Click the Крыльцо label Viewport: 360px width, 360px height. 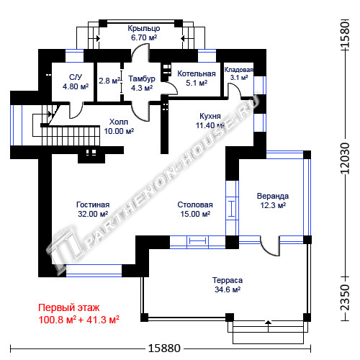[144, 29]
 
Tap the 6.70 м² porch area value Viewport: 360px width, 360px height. [144, 37]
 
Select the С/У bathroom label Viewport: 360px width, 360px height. [76, 77]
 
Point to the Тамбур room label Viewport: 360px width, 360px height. [142, 78]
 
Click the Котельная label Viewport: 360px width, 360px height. [197, 73]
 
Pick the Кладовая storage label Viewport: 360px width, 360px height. [239, 70]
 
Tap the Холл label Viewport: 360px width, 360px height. [119, 122]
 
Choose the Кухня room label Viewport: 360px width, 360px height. [210, 116]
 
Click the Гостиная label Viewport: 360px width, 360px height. [93, 204]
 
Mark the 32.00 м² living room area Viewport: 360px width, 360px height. [93, 214]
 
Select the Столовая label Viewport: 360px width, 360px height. [195, 204]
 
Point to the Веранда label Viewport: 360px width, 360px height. [273, 196]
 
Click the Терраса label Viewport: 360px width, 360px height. [228, 280]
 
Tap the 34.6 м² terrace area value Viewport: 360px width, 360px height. [228, 289]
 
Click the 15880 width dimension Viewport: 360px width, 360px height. [164, 348]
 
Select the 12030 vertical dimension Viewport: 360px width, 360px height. [345, 158]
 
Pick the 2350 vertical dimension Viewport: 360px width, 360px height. [345, 297]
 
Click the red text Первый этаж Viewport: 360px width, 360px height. [69, 307]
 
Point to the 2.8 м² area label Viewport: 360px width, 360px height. [109, 81]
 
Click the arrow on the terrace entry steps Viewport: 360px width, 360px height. [268, 326]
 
